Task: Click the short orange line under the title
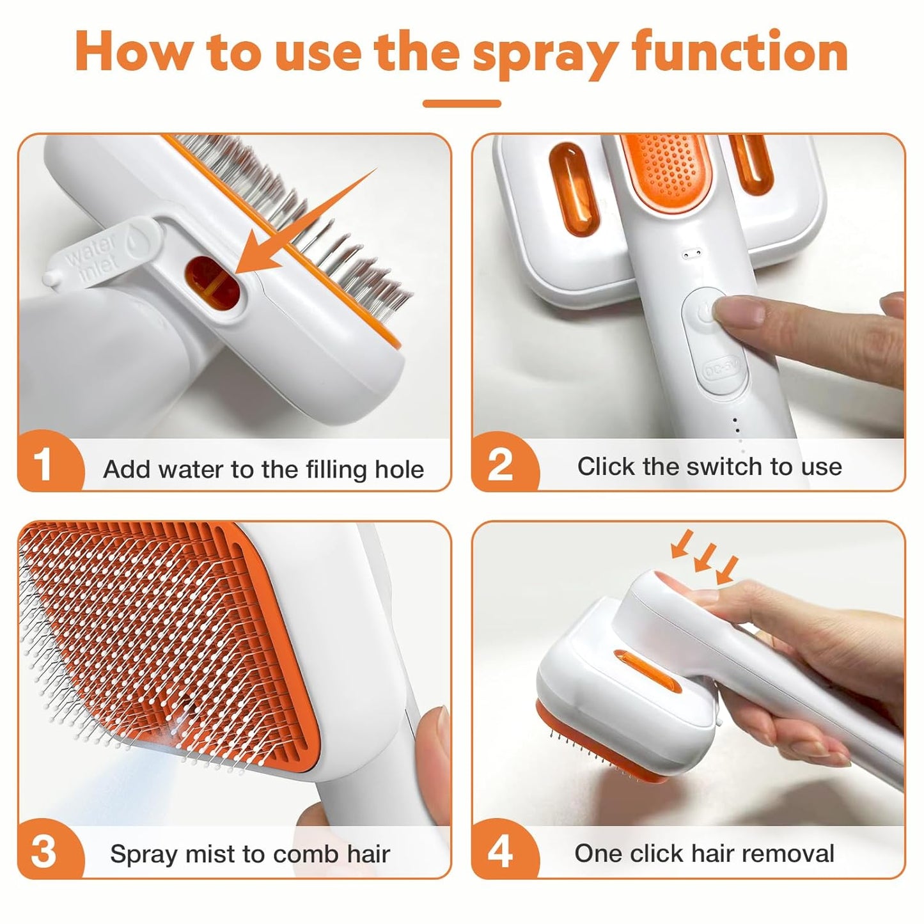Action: coord(462,103)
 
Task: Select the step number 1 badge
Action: coord(44,464)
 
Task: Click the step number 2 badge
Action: coord(499,464)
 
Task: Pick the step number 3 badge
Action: coord(44,851)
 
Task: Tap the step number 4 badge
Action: coord(499,851)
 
